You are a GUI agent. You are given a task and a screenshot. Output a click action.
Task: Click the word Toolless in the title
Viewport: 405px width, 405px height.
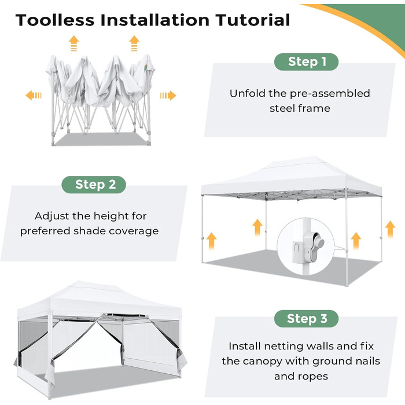pos(55,20)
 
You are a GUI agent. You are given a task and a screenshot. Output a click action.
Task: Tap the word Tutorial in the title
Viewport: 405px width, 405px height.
pos(253,20)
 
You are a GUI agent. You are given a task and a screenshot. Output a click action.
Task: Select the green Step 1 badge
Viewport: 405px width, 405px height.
pos(306,62)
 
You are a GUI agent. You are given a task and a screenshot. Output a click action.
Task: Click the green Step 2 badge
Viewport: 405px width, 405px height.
pos(94,185)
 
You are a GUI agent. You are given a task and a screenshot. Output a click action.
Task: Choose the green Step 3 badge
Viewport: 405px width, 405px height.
pos(306,319)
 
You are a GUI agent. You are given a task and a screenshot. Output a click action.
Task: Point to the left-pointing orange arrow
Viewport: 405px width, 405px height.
pos(34,95)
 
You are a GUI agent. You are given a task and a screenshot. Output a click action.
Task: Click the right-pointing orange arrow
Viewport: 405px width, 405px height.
pos(168,95)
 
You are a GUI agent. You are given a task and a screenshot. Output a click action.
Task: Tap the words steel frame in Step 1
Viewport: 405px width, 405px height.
pos(300,108)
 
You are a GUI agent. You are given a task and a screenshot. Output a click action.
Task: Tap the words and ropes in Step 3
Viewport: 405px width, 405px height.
pos(301,376)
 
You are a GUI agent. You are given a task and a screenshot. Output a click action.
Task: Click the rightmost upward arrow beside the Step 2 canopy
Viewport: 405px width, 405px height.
pos(390,229)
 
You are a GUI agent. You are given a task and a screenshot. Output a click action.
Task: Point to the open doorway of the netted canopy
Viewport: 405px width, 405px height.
pos(87,346)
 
